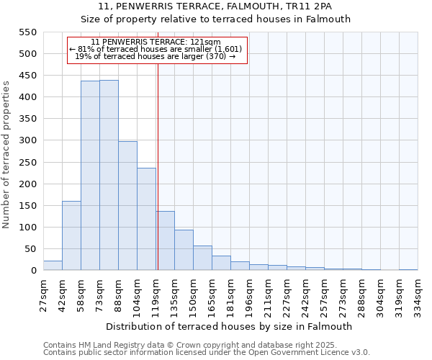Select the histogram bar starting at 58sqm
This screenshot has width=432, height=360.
pyautogui.click(x=90, y=176)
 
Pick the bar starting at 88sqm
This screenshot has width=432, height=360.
pyautogui.click(x=127, y=206)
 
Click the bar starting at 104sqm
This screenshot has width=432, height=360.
pyautogui.click(x=146, y=219)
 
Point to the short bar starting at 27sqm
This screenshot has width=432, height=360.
pyautogui.click(x=53, y=266)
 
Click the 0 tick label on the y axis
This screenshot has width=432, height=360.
pyautogui.click(x=32, y=271)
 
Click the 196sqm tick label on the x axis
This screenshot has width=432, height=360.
pyautogui.click(x=249, y=294)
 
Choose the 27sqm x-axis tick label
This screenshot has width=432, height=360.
pyautogui.click(x=43, y=293)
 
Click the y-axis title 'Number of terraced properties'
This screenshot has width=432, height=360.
pyautogui.click(x=6, y=155)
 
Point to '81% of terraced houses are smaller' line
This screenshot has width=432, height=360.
pyautogui.click(x=156, y=49)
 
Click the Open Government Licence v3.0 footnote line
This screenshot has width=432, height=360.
pyautogui.click(x=207, y=353)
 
